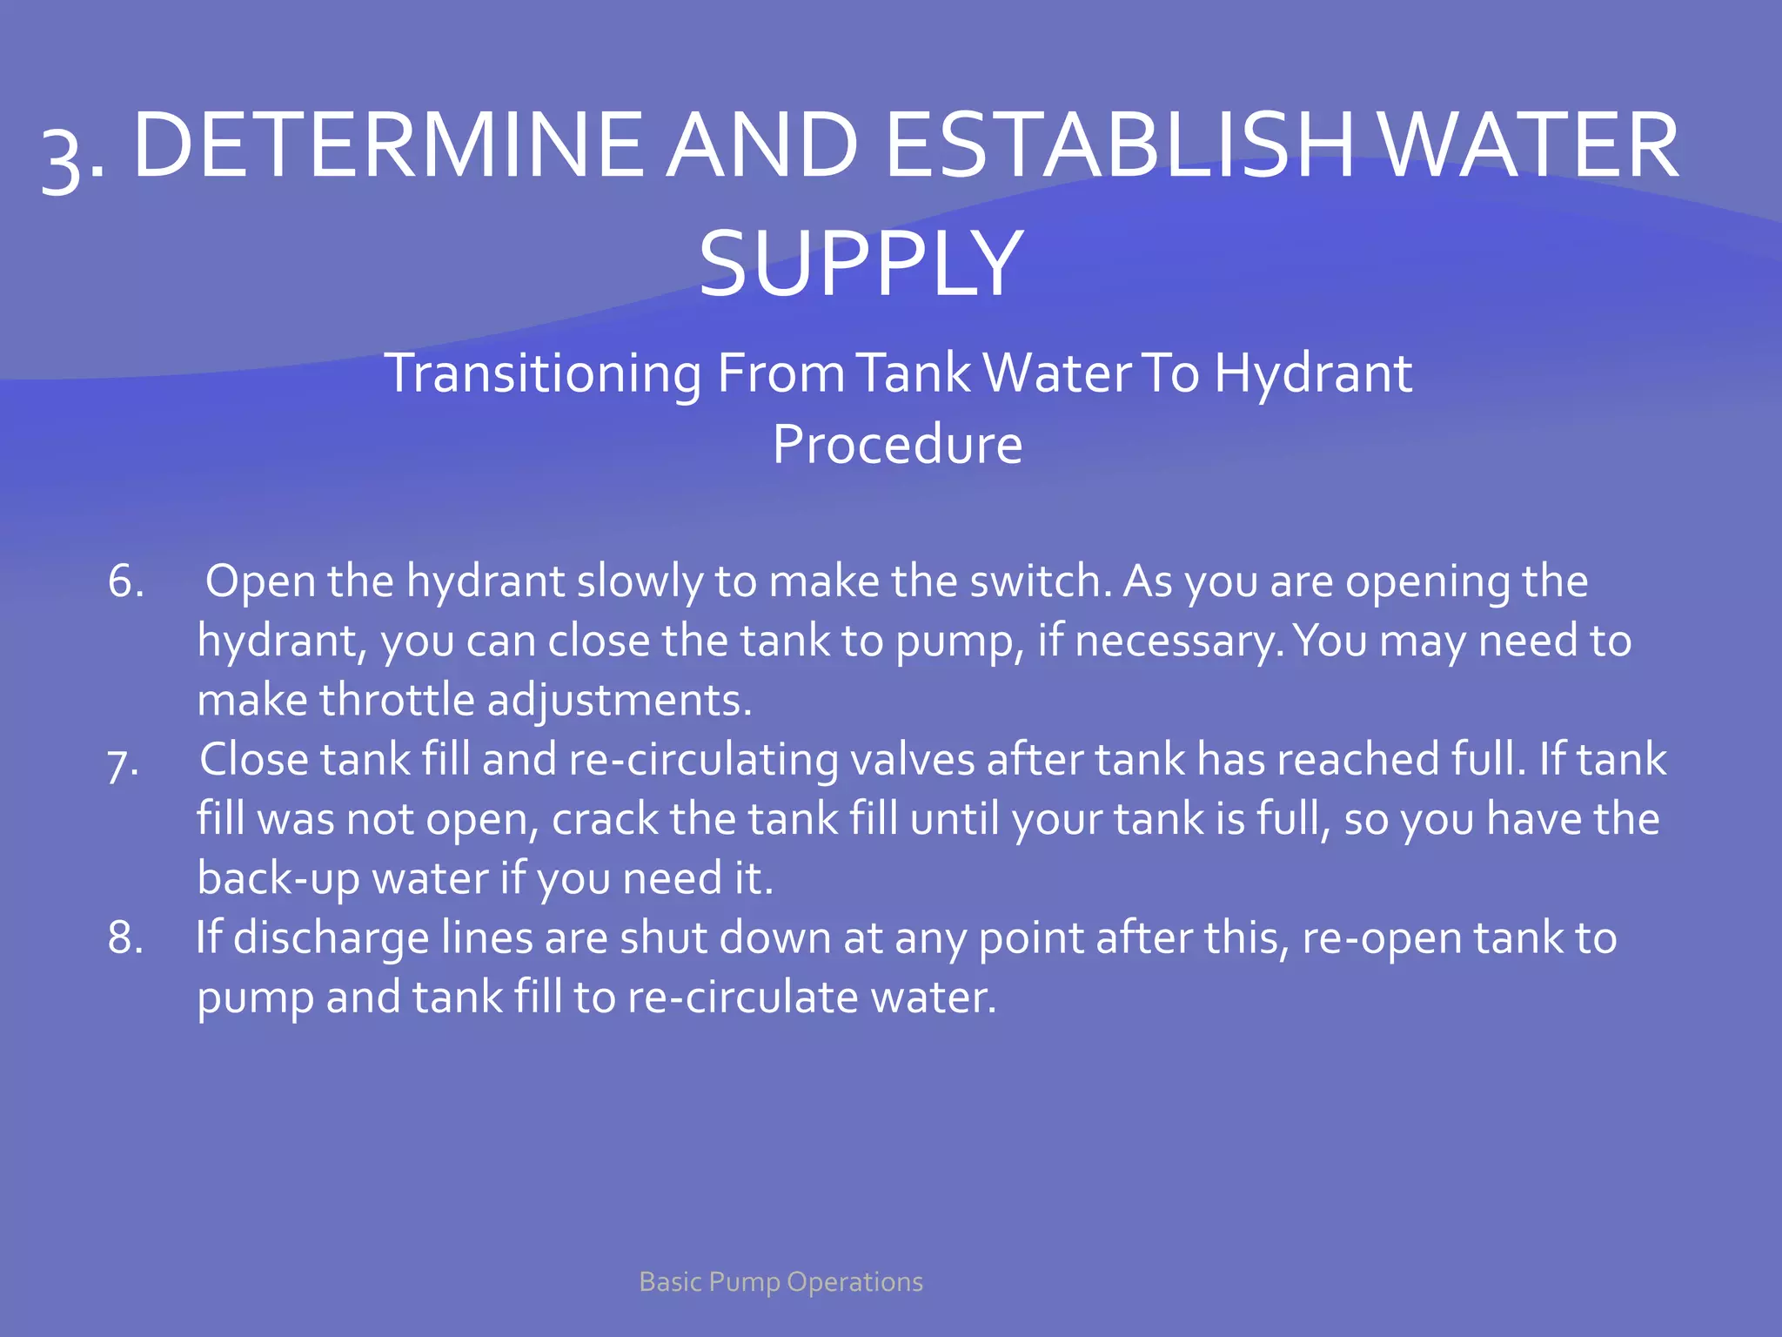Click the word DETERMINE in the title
pos(388,145)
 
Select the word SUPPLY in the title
pos(861,263)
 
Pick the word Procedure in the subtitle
pos(897,444)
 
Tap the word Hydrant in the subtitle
pos(1313,373)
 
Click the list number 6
pos(125,581)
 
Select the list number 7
pos(123,763)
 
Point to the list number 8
pos(125,938)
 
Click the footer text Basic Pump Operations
pos(780,1281)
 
